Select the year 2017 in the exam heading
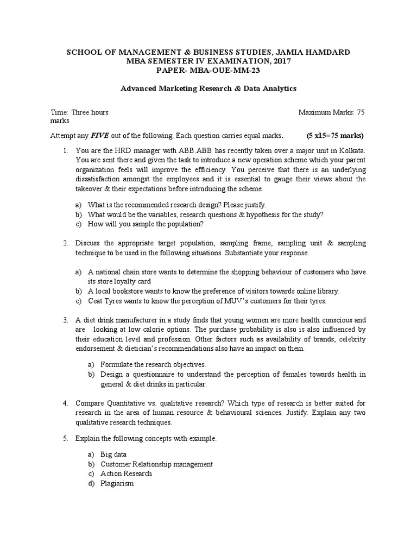pyautogui.click(x=279, y=61)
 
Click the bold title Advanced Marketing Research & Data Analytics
pyautogui.click(x=208, y=88)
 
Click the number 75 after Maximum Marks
pyautogui.click(x=361, y=112)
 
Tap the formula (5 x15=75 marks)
pyautogui.click(x=335, y=135)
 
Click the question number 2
pyautogui.click(x=65, y=243)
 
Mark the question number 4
pyautogui.click(x=65, y=403)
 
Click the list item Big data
pyautogui.click(x=113, y=454)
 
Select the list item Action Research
pyautogui.click(x=126, y=473)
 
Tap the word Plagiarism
pyautogui.click(x=117, y=483)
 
